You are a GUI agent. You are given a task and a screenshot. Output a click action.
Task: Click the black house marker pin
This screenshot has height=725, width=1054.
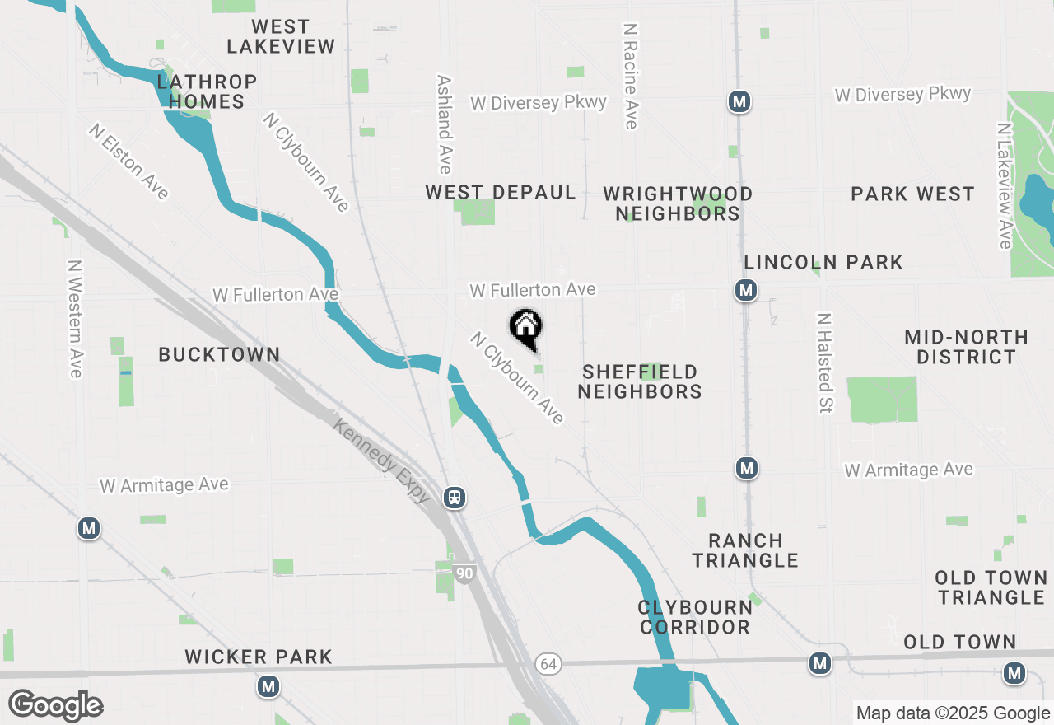click(525, 327)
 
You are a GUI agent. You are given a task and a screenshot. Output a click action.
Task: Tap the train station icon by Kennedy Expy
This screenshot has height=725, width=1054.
click(454, 498)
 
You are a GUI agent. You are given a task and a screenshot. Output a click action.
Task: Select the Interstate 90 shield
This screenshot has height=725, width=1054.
click(465, 573)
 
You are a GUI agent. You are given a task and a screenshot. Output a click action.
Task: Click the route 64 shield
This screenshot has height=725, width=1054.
click(548, 663)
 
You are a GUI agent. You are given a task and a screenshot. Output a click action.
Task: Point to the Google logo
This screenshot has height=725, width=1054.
click(55, 706)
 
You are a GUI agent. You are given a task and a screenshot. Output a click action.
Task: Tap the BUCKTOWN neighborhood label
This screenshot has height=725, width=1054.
click(219, 354)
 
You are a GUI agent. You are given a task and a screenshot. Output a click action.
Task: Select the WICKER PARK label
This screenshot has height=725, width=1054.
click(259, 657)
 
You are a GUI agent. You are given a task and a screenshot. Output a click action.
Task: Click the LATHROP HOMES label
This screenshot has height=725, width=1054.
click(207, 91)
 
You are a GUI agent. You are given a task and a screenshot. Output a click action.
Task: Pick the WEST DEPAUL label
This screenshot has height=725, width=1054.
click(501, 192)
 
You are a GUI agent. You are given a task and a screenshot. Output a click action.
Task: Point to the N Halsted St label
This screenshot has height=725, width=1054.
click(824, 362)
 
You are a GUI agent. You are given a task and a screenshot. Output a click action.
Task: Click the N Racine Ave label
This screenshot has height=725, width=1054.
click(631, 75)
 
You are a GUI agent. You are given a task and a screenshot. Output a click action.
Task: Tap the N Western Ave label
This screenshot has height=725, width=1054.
click(76, 319)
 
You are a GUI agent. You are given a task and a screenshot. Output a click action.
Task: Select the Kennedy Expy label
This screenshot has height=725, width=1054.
click(382, 460)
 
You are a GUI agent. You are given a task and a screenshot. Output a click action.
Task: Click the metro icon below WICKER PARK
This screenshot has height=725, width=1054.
click(268, 686)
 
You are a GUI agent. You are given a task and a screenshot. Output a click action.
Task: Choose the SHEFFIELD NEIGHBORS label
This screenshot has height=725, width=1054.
click(639, 381)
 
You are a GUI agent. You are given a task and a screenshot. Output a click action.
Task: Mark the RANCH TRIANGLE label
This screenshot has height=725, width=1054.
click(745, 550)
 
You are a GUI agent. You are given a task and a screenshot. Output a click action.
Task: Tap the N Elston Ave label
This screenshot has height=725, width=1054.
click(130, 161)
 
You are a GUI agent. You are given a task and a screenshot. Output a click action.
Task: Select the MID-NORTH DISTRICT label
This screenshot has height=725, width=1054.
click(966, 347)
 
